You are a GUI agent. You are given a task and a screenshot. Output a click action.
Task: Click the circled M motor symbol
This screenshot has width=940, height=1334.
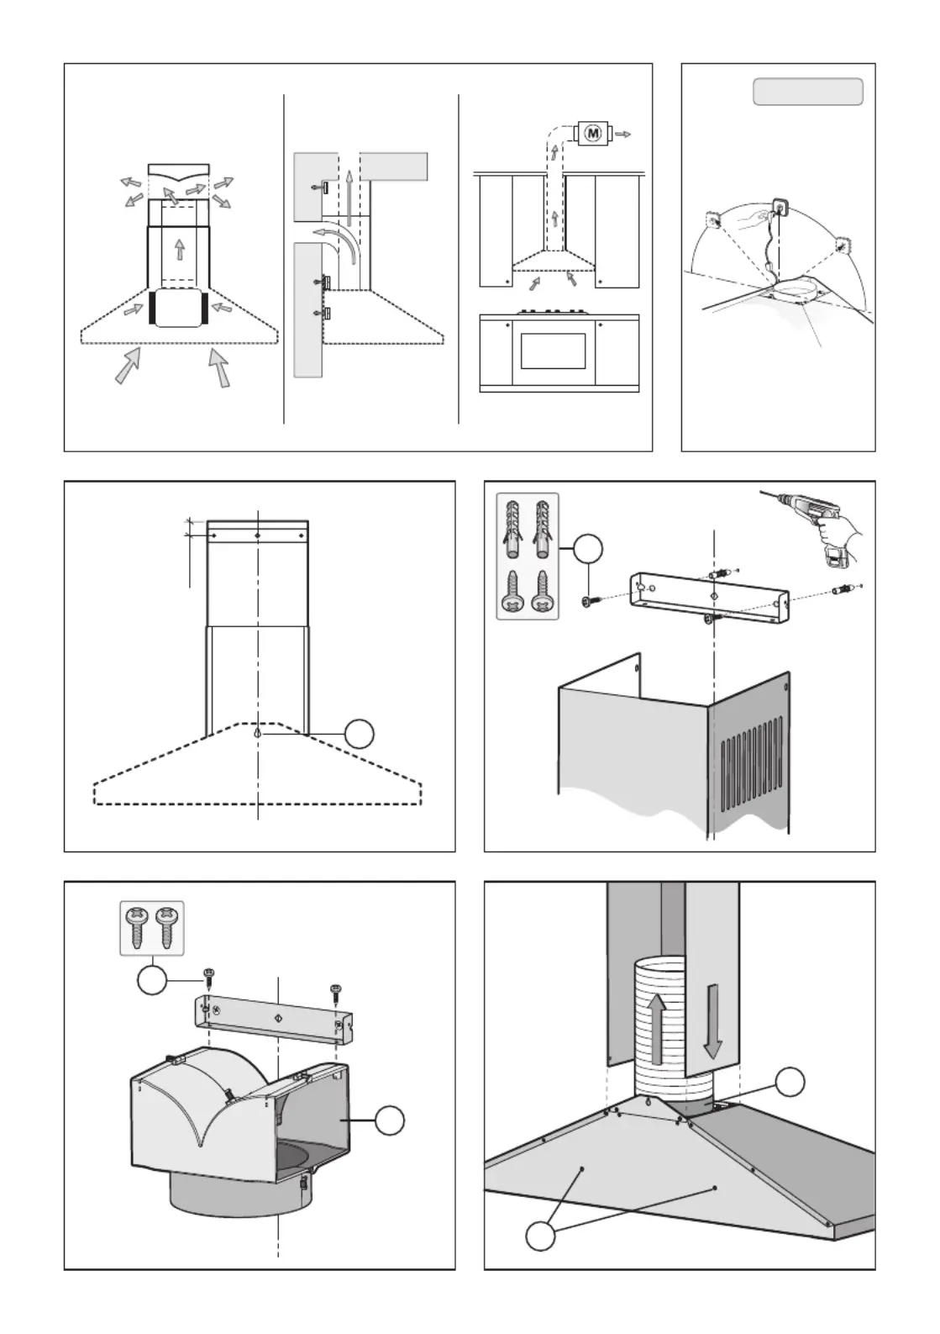point(593,133)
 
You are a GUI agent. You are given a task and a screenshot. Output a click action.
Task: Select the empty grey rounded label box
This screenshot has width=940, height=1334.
point(807,92)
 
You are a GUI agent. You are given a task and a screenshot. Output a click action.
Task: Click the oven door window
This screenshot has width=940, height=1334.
point(552,350)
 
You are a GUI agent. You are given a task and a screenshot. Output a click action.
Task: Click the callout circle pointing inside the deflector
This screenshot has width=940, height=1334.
point(390,1120)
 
